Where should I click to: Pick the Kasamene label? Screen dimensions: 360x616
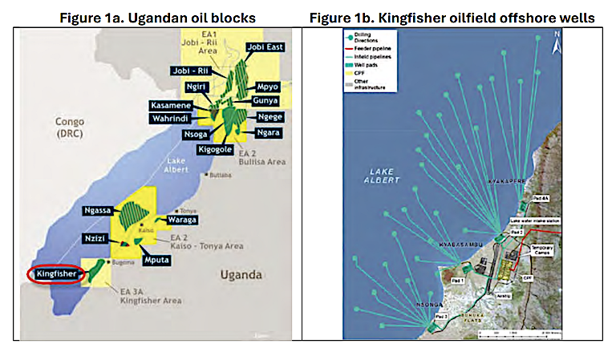pos(172,106)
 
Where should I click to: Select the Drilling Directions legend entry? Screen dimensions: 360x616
pos(371,38)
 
